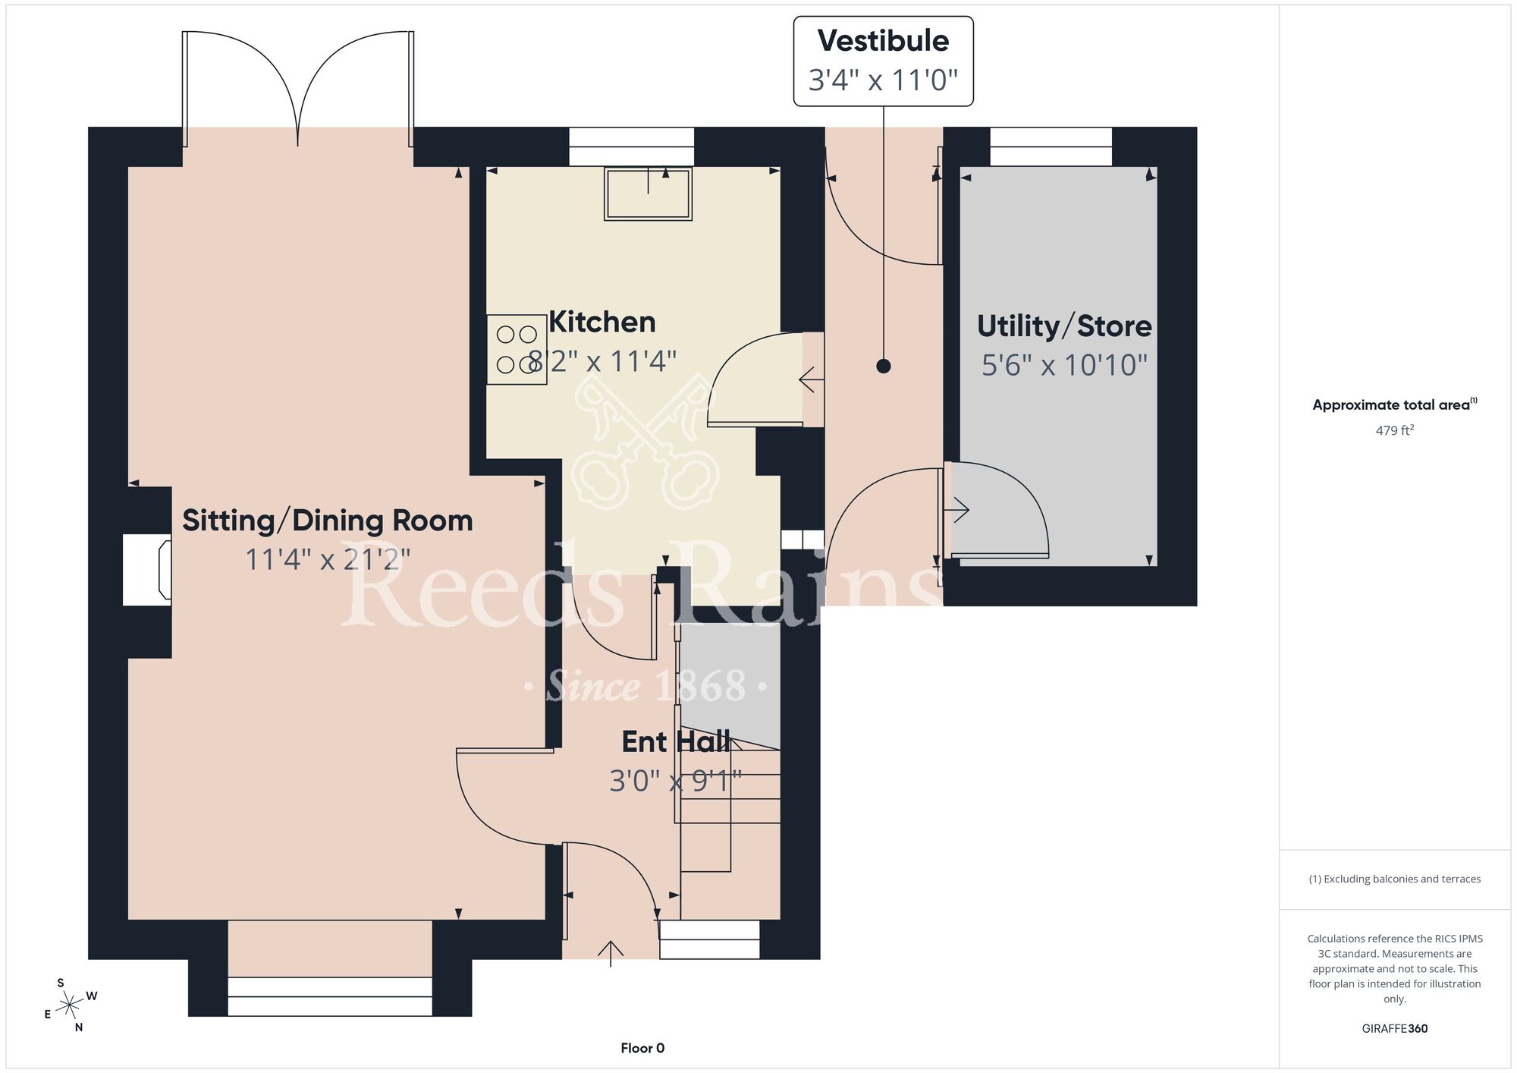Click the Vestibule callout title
pyautogui.click(x=883, y=41)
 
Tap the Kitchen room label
pyautogui.click(x=602, y=323)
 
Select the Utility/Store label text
pyautogui.click(x=1064, y=326)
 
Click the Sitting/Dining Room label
pyautogui.click(x=328, y=521)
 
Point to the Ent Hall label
pyautogui.click(x=676, y=742)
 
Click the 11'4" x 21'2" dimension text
pyautogui.click(x=328, y=560)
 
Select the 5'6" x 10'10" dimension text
pyautogui.click(x=1064, y=365)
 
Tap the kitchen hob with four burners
pyautogui.click(x=517, y=349)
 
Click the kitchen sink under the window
pyautogui.click(x=648, y=194)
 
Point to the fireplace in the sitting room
pyautogui.click(x=147, y=570)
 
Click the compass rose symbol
pyautogui.click(x=71, y=1005)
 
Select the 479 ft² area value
pyautogui.click(x=1395, y=430)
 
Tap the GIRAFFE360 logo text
pyautogui.click(x=1395, y=1029)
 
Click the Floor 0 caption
pyautogui.click(x=642, y=1048)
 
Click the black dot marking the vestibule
pyautogui.click(x=883, y=366)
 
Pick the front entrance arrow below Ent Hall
pyautogui.click(x=611, y=953)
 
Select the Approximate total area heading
pyautogui.click(x=1395, y=404)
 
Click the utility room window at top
pyautogui.click(x=1051, y=146)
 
